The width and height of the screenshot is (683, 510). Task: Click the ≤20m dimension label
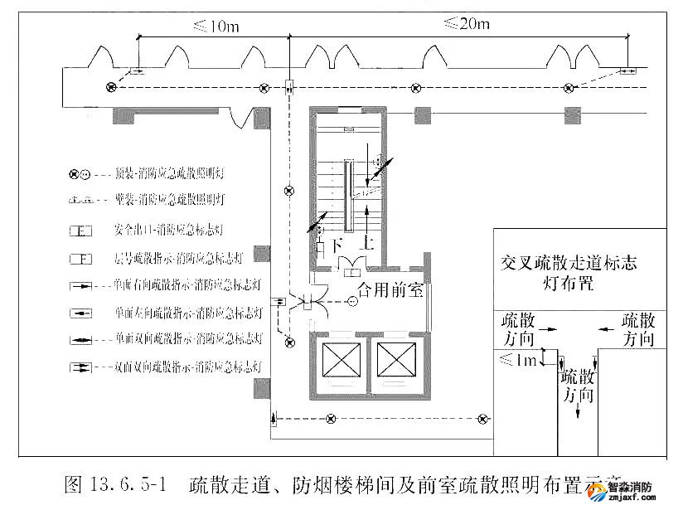click(465, 23)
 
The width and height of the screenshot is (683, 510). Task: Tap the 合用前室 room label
click(390, 290)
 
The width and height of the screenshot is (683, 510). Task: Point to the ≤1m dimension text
click(517, 358)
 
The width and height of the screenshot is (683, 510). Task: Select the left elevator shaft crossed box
click(337, 360)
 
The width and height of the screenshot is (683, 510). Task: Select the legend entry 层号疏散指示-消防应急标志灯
click(177, 258)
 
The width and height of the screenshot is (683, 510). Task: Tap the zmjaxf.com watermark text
click(632, 501)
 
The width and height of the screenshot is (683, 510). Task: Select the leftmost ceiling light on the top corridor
click(111, 87)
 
